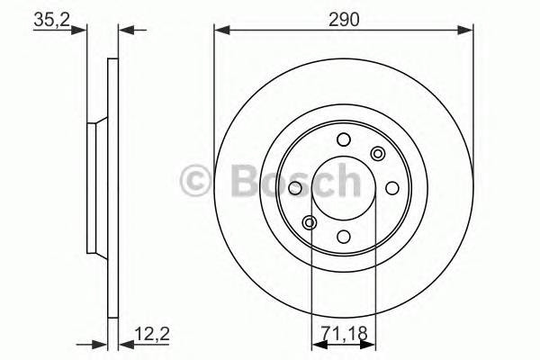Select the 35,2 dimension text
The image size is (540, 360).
click(51, 18)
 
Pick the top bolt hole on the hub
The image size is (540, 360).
click(343, 139)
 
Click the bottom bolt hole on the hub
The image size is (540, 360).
click(343, 237)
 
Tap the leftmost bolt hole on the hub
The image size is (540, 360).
click(294, 188)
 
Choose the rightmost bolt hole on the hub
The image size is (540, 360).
click(391, 188)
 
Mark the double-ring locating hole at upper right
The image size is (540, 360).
click(377, 154)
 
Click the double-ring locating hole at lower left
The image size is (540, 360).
click(310, 222)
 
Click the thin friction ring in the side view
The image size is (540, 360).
click(112, 189)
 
